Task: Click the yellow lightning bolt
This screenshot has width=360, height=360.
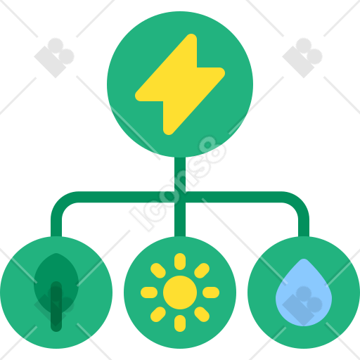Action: (x=180, y=84)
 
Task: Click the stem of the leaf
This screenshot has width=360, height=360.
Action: (x=56, y=307)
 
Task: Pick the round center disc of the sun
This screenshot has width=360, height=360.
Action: (x=180, y=292)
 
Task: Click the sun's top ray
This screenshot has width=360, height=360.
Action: (x=180, y=262)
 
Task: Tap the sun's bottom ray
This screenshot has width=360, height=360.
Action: (x=180, y=323)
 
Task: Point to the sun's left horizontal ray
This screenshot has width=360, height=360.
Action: (x=149, y=292)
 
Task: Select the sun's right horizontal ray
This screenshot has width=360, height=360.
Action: (x=211, y=292)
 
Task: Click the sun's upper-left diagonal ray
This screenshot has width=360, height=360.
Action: (x=158, y=271)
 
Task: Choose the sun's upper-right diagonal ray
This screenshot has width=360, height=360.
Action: (x=202, y=271)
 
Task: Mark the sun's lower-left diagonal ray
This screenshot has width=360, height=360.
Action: (x=158, y=314)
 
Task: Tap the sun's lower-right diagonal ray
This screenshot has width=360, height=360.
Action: (x=202, y=314)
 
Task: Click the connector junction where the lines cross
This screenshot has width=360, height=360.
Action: (x=180, y=197)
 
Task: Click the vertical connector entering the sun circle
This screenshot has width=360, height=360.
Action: (x=180, y=219)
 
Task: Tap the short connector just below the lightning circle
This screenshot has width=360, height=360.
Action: (x=180, y=174)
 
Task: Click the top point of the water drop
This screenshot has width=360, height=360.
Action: (x=304, y=259)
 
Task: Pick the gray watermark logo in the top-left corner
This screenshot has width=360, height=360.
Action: (x=54, y=58)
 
